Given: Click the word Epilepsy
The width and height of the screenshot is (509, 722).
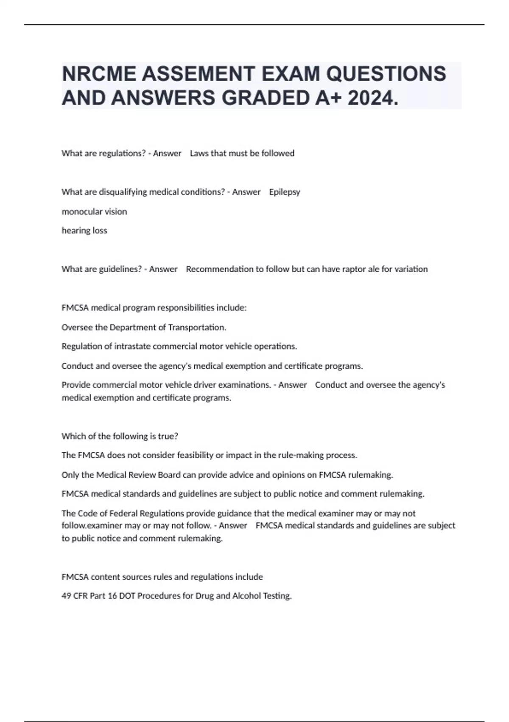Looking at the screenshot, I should pos(285,192).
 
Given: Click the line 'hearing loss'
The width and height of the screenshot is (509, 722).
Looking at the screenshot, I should pos(84,231).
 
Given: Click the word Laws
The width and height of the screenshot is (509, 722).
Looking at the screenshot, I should pos(199,153).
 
